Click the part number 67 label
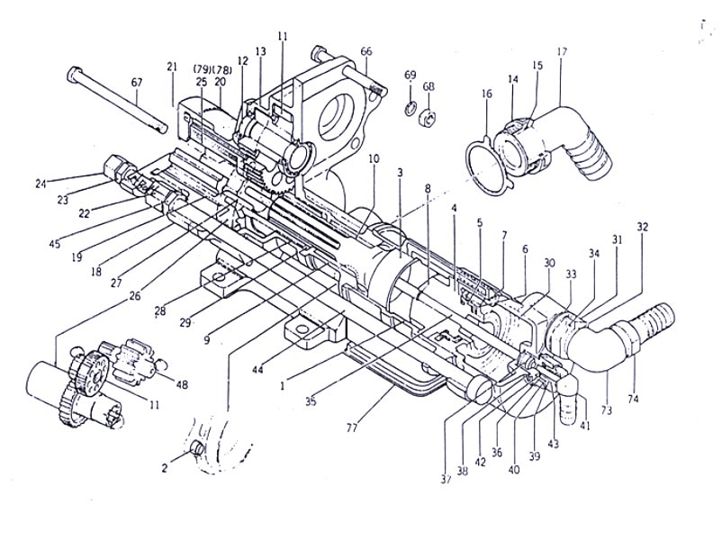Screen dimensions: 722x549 pyautogui.click(x=137, y=83)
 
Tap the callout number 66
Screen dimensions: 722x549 pyautogui.click(x=366, y=51)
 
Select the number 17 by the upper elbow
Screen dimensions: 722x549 pyautogui.click(x=562, y=51)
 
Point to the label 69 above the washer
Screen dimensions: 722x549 pyautogui.click(x=411, y=75)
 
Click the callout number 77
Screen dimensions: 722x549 pyautogui.click(x=352, y=429)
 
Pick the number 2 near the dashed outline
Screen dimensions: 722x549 pyautogui.click(x=165, y=469)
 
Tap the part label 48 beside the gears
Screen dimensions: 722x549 pyautogui.click(x=183, y=384)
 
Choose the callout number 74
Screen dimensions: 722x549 pyautogui.click(x=633, y=399)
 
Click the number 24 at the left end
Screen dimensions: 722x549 pyautogui.click(x=41, y=184)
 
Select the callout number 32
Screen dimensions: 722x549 pyautogui.click(x=643, y=227)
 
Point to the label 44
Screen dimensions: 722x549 pyautogui.click(x=257, y=369)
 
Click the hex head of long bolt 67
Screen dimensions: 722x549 pyautogui.click(x=75, y=74)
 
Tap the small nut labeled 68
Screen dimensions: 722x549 pyautogui.click(x=428, y=120)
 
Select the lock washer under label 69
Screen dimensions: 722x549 pyautogui.click(x=411, y=108)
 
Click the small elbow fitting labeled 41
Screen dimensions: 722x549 pyautogui.click(x=569, y=396)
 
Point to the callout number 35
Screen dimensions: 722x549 pyautogui.click(x=311, y=401)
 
